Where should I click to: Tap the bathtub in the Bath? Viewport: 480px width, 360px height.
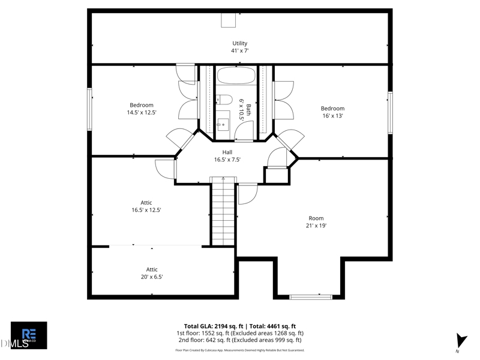(x=236, y=76)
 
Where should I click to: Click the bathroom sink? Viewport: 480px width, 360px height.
(x=223, y=124)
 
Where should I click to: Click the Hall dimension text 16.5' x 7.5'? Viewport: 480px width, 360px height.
(x=227, y=160)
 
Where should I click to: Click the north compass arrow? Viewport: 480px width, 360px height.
(x=460, y=340)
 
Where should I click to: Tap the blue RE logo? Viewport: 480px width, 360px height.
(x=29, y=334)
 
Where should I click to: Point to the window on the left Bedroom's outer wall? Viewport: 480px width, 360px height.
(x=89, y=109)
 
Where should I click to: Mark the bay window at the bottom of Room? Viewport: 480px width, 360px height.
(x=311, y=296)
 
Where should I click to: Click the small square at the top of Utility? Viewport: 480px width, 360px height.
(x=229, y=21)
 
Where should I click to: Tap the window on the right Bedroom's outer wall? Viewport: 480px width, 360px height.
(x=390, y=112)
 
